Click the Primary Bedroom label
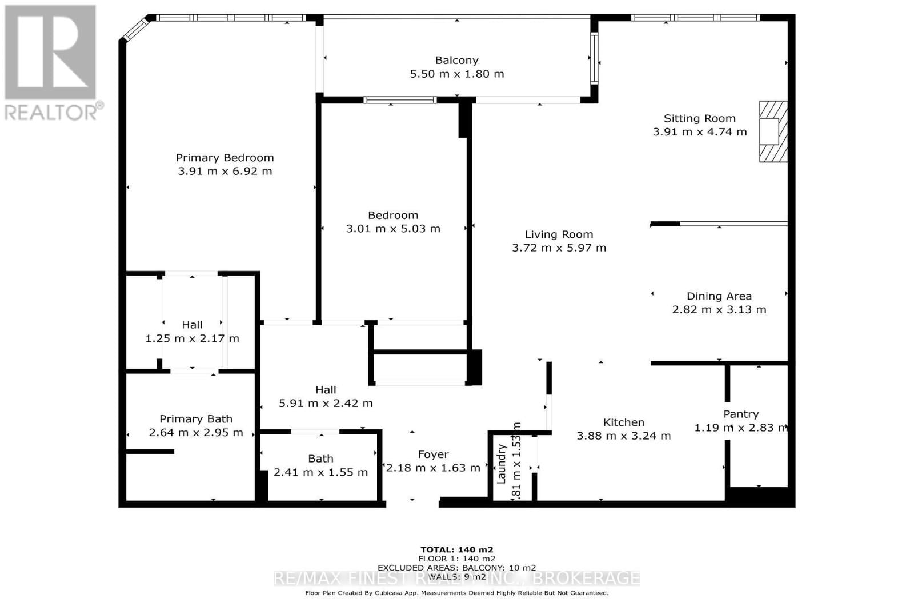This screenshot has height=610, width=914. (225, 158)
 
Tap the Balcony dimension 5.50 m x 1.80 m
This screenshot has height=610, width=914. (456, 74)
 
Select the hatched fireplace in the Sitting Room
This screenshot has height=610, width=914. (773, 131)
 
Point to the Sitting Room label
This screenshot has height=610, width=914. (699, 118)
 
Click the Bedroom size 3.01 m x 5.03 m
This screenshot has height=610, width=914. (393, 229)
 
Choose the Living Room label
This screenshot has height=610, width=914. (559, 234)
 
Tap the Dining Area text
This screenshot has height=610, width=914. (719, 296)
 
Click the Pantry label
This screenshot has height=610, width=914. (741, 414)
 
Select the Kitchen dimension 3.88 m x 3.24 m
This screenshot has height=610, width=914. (623, 436)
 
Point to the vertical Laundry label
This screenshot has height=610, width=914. (501, 464)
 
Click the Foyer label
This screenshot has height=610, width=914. (433, 454)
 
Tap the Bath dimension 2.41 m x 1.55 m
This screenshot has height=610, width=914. (320, 472)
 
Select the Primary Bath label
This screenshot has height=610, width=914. (195, 419)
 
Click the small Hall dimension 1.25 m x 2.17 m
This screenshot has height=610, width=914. (192, 338)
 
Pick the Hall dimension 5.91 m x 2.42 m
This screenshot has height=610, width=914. (326, 403)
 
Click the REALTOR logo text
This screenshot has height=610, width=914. (54, 111)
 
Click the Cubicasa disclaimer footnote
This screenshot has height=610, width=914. (456, 593)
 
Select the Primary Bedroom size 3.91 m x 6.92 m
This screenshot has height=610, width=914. (225, 171)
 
